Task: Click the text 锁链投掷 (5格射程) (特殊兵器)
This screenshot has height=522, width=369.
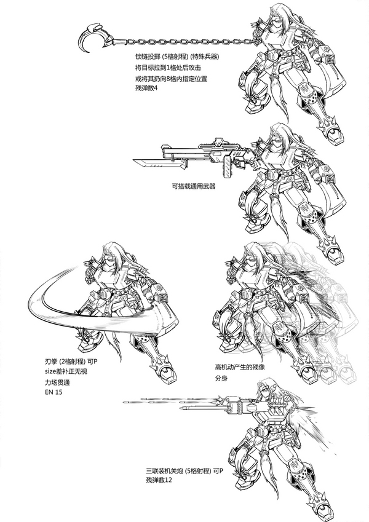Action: [x=177, y=57]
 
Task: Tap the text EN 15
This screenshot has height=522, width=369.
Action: [x=54, y=392]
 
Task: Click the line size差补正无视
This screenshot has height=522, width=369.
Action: [x=66, y=371]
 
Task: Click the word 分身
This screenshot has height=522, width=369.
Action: [x=221, y=379]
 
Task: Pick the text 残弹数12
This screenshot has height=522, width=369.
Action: [x=159, y=480]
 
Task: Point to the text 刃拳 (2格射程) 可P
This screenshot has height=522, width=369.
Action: [x=73, y=361]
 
